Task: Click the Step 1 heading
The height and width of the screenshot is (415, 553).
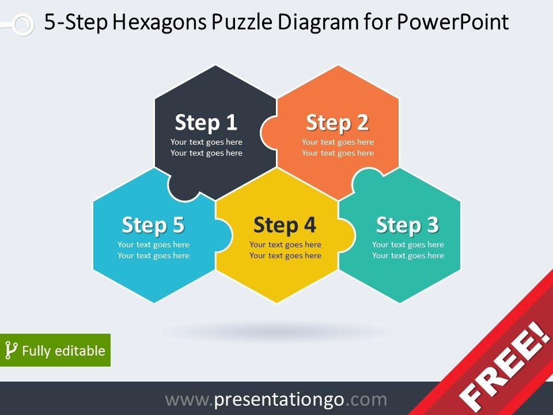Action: [x=206, y=123]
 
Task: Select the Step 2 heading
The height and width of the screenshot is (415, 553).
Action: [x=338, y=123]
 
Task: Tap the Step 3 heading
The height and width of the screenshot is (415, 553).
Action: [x=407, y=225]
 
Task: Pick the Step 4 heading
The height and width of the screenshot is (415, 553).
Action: [x=285, y=225]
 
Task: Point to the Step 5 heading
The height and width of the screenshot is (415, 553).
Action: [x=153, y=225]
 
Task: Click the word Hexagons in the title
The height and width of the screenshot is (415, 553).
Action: [x=160, y=22]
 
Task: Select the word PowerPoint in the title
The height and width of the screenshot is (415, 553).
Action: [x=453, y=22]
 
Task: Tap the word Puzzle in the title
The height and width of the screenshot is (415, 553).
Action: [x=242, y=22]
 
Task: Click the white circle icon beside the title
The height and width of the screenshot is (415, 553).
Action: [x=23, y=24]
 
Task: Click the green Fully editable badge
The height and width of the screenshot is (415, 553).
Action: [x=55, y=350]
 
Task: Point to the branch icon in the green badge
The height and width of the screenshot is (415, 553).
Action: [x=11, y=350]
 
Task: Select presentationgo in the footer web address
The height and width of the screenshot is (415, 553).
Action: [x=279, y=400]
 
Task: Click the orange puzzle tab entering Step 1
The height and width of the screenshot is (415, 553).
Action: [x=268, y=132]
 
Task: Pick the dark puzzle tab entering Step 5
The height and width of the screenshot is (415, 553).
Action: [x=184, y=187]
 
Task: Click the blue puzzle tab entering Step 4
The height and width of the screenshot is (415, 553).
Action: [x=224, y=235]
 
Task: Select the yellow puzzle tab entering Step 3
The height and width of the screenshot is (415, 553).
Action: [x=347, y=235]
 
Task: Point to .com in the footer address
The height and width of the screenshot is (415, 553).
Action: [x=366, y=400]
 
